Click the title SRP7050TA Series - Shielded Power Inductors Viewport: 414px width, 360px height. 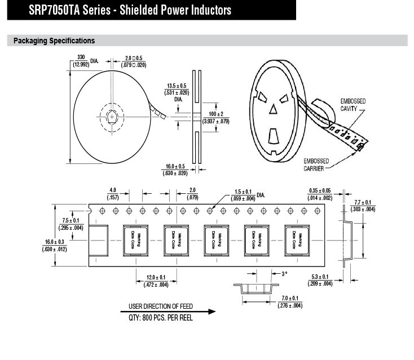[130, 10]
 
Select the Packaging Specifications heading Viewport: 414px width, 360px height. [54, 41]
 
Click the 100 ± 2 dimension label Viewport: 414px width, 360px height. [215, 118]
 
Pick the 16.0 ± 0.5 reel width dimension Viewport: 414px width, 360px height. [175, 170]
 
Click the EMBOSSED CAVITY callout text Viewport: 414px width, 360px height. [353, 105]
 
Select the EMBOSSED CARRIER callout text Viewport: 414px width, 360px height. [316, 165]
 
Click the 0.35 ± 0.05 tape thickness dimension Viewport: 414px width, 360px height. [320, 194]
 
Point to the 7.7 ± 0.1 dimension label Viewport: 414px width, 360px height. [363, 206]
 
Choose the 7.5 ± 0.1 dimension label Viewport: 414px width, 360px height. [71, 224]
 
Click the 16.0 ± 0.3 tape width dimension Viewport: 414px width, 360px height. [54, 246]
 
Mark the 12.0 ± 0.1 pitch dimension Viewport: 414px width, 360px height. [156, 281]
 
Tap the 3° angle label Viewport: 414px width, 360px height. [284, 274]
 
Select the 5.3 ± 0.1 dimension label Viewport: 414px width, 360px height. [320, 280]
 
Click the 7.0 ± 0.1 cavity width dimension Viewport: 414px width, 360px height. [290, 302]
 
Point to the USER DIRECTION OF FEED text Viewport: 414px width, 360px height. [161, 306]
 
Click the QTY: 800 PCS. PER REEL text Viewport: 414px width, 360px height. [161, 318]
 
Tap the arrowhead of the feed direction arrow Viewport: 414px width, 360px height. [212, 312]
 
